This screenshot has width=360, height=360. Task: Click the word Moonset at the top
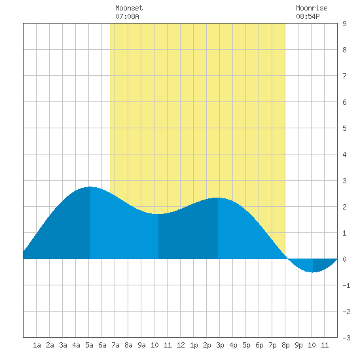click(x=129, y=8)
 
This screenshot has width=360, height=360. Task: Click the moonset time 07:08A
click(x=127, y=16)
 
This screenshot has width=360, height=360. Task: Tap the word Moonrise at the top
click(x=312, y=8)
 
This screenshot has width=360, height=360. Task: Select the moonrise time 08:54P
click(x=308, y=16)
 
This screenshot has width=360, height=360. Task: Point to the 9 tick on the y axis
click(x=344, y=24)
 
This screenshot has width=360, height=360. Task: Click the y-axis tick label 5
click(x=344, y=128)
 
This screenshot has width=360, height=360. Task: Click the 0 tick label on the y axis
click(x=344, y=259)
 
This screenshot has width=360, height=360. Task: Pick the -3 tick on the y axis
click(x=346, y=338)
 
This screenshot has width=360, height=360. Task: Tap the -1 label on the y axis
click(x=346, y=285)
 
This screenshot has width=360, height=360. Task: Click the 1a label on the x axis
click(x=37, y=345)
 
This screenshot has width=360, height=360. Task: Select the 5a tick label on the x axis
click(x=89, y=345)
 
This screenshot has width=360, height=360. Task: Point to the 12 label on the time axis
click(x=181, y=345)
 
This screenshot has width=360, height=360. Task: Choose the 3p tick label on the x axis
click(x=220, y=345)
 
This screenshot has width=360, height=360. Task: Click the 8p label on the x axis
click(x=285, y=345)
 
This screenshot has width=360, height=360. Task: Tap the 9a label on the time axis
click(x=141, y=345)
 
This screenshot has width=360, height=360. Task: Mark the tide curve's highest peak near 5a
click(x=90, y=187)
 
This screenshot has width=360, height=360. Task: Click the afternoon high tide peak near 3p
click(x=218, y=198)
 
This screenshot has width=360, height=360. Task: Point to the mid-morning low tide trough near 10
click(x=158, y=214)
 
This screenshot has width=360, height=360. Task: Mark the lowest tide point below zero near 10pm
click(x=313, y=272)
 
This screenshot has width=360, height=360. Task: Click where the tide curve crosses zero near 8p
click(x=287, y=259)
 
